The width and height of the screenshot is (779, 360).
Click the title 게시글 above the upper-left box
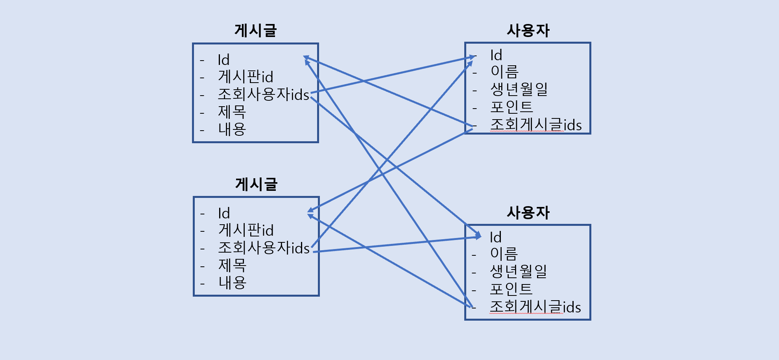coord(256,31)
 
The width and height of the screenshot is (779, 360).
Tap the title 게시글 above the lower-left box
coord(256,184)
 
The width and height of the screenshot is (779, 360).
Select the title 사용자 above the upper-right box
coord(528,31)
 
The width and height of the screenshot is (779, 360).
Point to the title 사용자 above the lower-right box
coord(528,213)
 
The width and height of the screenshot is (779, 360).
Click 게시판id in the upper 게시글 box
coord(246,77)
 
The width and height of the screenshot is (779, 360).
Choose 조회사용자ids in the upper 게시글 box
coord(263,94)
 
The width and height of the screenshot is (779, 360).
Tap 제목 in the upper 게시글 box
coord(232,112)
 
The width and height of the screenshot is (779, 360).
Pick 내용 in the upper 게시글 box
coord(232,129)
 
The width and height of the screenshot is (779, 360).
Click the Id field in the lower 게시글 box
coord(224,214)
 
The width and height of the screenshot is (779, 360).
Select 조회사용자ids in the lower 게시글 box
coord(264,248)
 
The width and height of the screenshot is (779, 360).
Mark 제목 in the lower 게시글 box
coord(233,265)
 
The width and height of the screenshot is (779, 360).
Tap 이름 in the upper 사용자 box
coord(505,72)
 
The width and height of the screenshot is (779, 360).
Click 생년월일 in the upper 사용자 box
coord(519,89)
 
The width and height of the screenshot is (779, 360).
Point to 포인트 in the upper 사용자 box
coord(511,107)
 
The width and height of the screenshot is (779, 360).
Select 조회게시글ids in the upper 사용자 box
coord(536,125)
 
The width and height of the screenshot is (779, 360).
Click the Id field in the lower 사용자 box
coord(496,238)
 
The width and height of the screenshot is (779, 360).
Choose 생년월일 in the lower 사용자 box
coord(518,271)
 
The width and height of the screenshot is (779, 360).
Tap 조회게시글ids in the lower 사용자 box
coord(535,307)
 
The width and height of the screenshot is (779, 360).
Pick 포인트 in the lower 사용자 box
coord(511,289)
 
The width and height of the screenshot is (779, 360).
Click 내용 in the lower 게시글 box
coord(233,282)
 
